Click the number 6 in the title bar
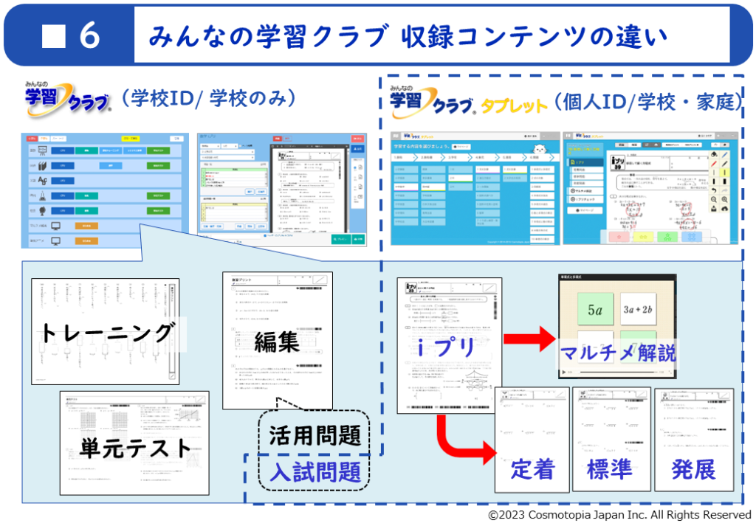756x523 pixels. pyautogui.click(x=90, y=36)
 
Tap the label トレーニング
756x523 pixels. pyautogui.click(x=106, y=333)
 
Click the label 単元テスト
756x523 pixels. pyautogui.click(x=135, y=447)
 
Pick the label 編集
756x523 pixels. pyautogui.click(x=277, y=342)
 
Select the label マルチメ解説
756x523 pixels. pyautogui.click(x=617, y=353)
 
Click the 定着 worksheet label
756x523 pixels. pyautogui.click(x=532, y=469)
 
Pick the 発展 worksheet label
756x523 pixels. pyautogui.click(x=693, y=469)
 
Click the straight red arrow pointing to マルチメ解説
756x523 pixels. pyautogui.click(x=529, y=339)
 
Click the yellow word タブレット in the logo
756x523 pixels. pyautogui.click(x=514, y=106)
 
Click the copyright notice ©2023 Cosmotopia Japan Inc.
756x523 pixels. pyautogui.click(x=619, y=514)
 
